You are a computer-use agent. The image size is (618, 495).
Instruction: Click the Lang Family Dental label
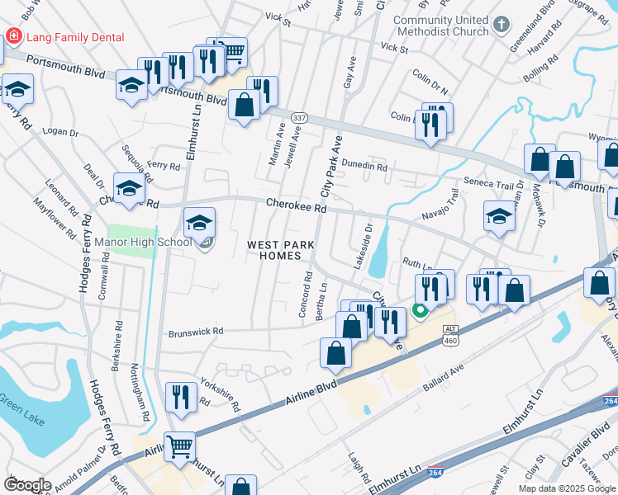coord(75,37)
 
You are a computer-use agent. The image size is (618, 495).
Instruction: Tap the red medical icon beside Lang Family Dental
coord(13,36)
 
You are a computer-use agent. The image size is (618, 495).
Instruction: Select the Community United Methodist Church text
coord(440,26)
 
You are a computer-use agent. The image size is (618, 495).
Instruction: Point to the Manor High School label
coord(144,242)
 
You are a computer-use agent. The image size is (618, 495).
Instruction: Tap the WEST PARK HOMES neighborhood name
coord(274,250)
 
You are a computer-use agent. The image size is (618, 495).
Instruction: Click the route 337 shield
coord(299,118)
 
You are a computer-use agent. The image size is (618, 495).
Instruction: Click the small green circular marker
coord(420,311)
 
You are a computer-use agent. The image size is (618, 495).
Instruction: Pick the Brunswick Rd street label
coord(196,332)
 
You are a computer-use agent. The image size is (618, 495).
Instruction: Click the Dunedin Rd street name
coord(364,166)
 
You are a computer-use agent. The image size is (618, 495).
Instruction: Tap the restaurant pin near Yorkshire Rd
coord(179,398)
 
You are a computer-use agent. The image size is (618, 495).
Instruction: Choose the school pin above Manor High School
coord(199,223)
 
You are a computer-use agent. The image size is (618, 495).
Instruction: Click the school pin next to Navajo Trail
coord(500,217)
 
